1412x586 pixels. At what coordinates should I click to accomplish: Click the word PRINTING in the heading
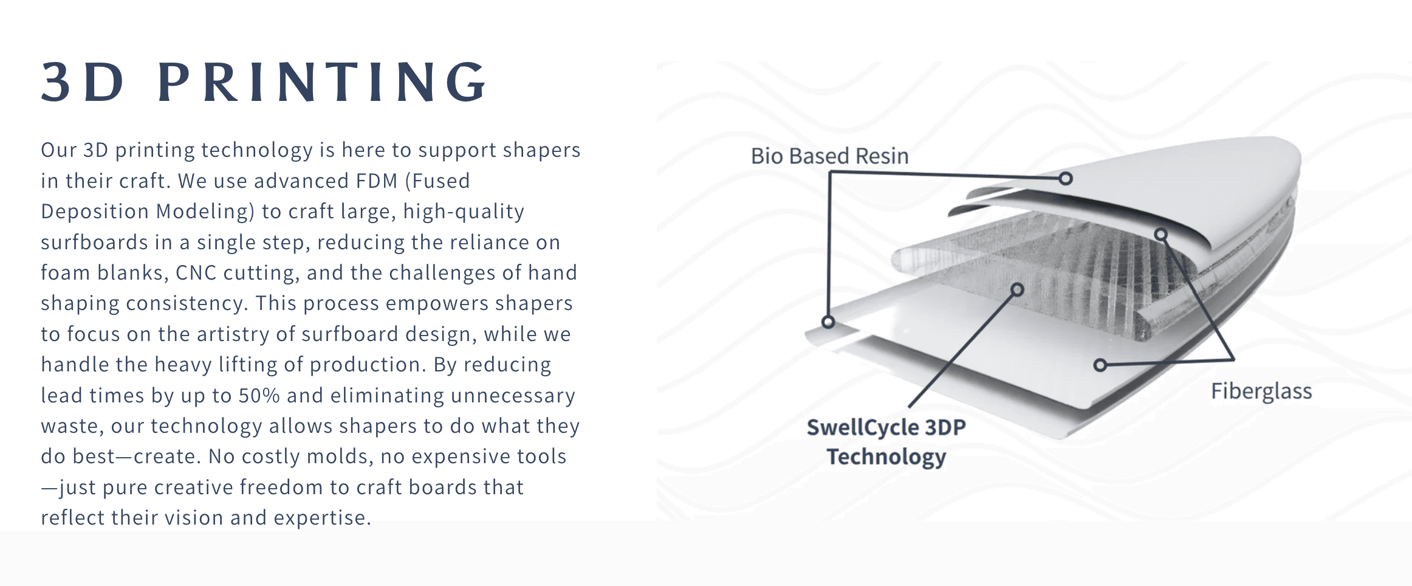pos(322,82)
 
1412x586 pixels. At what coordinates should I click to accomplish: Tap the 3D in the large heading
pos(83,82)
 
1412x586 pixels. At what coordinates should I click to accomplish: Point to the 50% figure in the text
pos(259,396)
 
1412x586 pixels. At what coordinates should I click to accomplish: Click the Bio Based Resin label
pos(830,156)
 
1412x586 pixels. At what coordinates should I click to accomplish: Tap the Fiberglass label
pos(1261,391)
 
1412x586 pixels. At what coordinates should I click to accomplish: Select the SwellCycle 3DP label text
pos(886,427)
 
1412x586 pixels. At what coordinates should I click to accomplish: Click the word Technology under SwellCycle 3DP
pos(886,457)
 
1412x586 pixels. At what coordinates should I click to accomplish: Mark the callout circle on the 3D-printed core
pos(1017,289)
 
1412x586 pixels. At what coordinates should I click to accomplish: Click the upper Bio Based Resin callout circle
pos(1065,178)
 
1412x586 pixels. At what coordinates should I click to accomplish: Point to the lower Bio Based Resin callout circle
pos(828,322)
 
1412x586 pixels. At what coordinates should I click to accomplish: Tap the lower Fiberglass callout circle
pos(1100,365)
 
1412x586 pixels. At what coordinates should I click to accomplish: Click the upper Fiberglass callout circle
pos(1161,234)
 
